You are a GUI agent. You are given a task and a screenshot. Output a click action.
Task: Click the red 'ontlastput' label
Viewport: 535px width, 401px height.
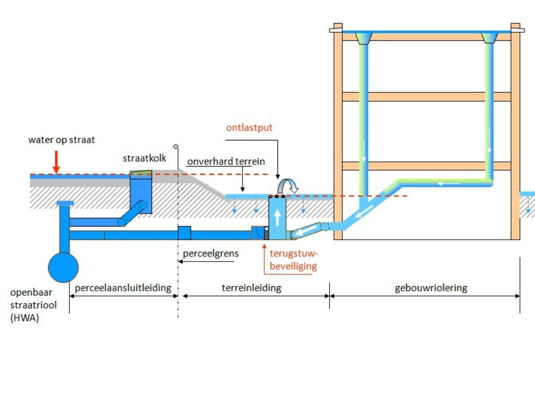[x=249, y=127]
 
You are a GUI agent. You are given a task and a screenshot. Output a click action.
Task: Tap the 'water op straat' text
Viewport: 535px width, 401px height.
[x=62, y=140]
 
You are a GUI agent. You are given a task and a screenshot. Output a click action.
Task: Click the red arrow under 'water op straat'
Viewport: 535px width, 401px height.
[x=56, y=162]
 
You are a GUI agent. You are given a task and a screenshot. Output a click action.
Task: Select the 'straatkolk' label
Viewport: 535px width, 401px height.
[x=145, y=158]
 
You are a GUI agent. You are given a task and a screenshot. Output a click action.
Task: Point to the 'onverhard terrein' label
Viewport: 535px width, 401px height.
[x=226, y=161]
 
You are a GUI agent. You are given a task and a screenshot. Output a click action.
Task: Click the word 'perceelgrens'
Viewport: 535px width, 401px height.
[x=211, y=254]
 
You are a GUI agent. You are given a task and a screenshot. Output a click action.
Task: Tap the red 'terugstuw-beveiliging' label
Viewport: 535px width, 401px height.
[x=294, y=260]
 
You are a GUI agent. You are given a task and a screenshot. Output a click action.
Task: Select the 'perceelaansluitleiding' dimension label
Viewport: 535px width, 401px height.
[x=123, y=288]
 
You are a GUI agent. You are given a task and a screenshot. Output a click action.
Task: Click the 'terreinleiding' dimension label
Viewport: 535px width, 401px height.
[x=251, y=288]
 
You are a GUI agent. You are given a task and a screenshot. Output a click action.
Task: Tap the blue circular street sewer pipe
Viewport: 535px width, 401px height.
[x=63, y=267]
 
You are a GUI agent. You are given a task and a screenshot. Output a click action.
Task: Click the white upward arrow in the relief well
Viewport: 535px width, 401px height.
[x=277, y=217]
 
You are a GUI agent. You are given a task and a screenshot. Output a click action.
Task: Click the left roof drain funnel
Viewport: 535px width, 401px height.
[x=364, y=38]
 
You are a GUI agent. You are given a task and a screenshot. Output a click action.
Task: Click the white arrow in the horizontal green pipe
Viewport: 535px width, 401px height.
[x=449, y=183]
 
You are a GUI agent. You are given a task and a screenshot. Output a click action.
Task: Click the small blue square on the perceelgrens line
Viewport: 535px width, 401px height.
[x=184, y=232]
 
